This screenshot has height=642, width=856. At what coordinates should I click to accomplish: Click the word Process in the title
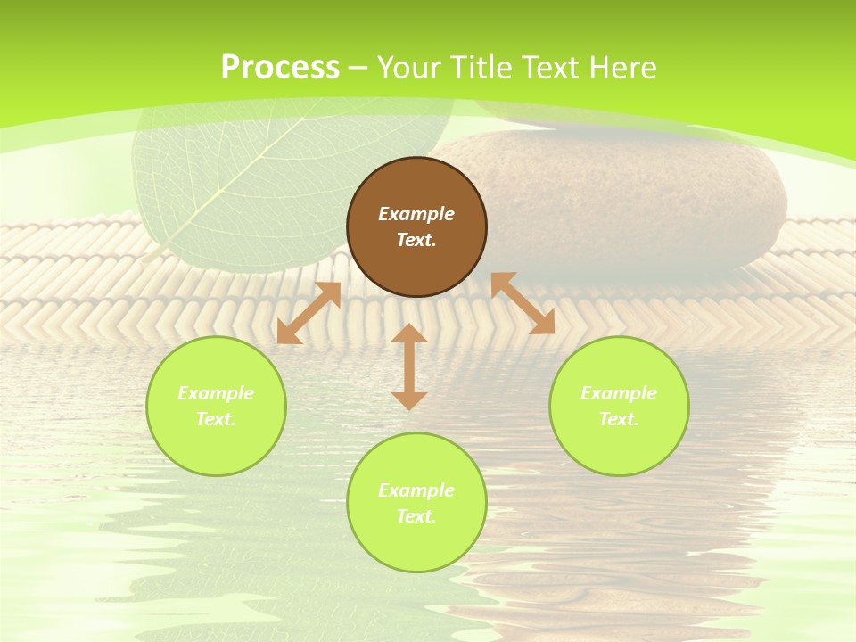(x=280, y=68)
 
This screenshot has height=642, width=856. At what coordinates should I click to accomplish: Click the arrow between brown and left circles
(x=309, y=313)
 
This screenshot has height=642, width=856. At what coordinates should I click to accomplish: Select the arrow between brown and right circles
(x=523, y=303)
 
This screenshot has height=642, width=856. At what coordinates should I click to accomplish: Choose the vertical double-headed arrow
(x=409, y=366)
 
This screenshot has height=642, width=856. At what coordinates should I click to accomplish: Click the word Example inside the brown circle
(x=416, y=214)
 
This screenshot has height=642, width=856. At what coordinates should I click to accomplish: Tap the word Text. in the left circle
(x=216, y=419)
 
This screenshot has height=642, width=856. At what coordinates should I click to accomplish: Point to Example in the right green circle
(x=619, y=393)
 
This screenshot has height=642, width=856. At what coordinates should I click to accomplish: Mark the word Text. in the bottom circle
(x=416, y=516)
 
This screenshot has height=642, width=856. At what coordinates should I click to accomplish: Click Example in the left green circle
(x=216, y=393)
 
